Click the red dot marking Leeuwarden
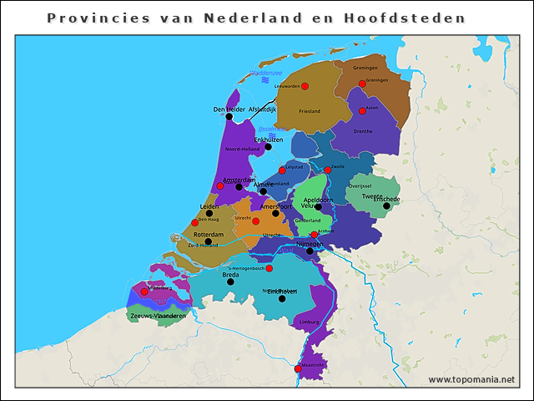click(305, 86)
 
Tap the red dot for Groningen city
click(362, 84)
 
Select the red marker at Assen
click(362, 111)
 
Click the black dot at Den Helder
click(229, 116)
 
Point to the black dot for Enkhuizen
click(268, 147)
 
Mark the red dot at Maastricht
click(298, 368)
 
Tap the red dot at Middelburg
click(144, 292)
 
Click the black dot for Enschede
click(386, 206)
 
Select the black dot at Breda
click(230, 282)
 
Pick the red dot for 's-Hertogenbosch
click(269, 268)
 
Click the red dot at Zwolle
click(328, 170)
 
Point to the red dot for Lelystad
click(282, 170)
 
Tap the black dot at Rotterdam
click(208, 241)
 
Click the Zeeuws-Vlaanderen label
click(158, 317)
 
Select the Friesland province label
click(310, 111)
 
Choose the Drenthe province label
click(363, 131)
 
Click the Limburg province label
click(308, 321)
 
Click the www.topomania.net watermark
click(471, 379)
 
